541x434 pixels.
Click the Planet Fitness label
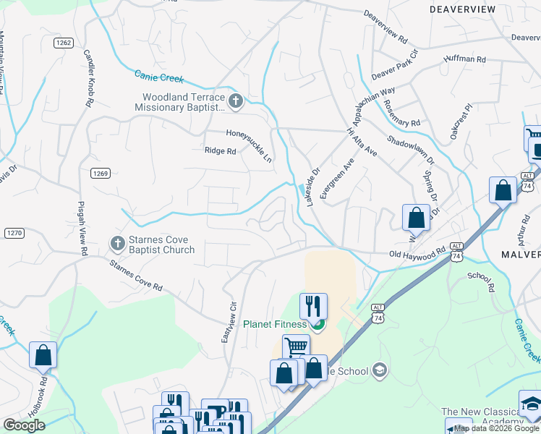tap(275, 324)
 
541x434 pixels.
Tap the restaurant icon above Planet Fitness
tap(313, 305)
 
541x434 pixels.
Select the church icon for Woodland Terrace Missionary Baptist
tap(234, 101)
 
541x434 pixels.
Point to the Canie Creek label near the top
tap(159, 76)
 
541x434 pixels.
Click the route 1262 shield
tap(64, 43)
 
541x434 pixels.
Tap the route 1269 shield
tap(100, 173)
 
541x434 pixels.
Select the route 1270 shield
tap(14, 232)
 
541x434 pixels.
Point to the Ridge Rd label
tap(221, 151)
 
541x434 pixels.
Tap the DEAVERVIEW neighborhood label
tap(462, 9)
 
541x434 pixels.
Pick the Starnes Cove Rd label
tap(135, 276)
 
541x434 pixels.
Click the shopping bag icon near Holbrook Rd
tap(43, 354)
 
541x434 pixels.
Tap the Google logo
tap(25, 425)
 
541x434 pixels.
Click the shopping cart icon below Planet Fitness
tap(295, 347)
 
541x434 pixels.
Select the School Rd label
tap(480, 281)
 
